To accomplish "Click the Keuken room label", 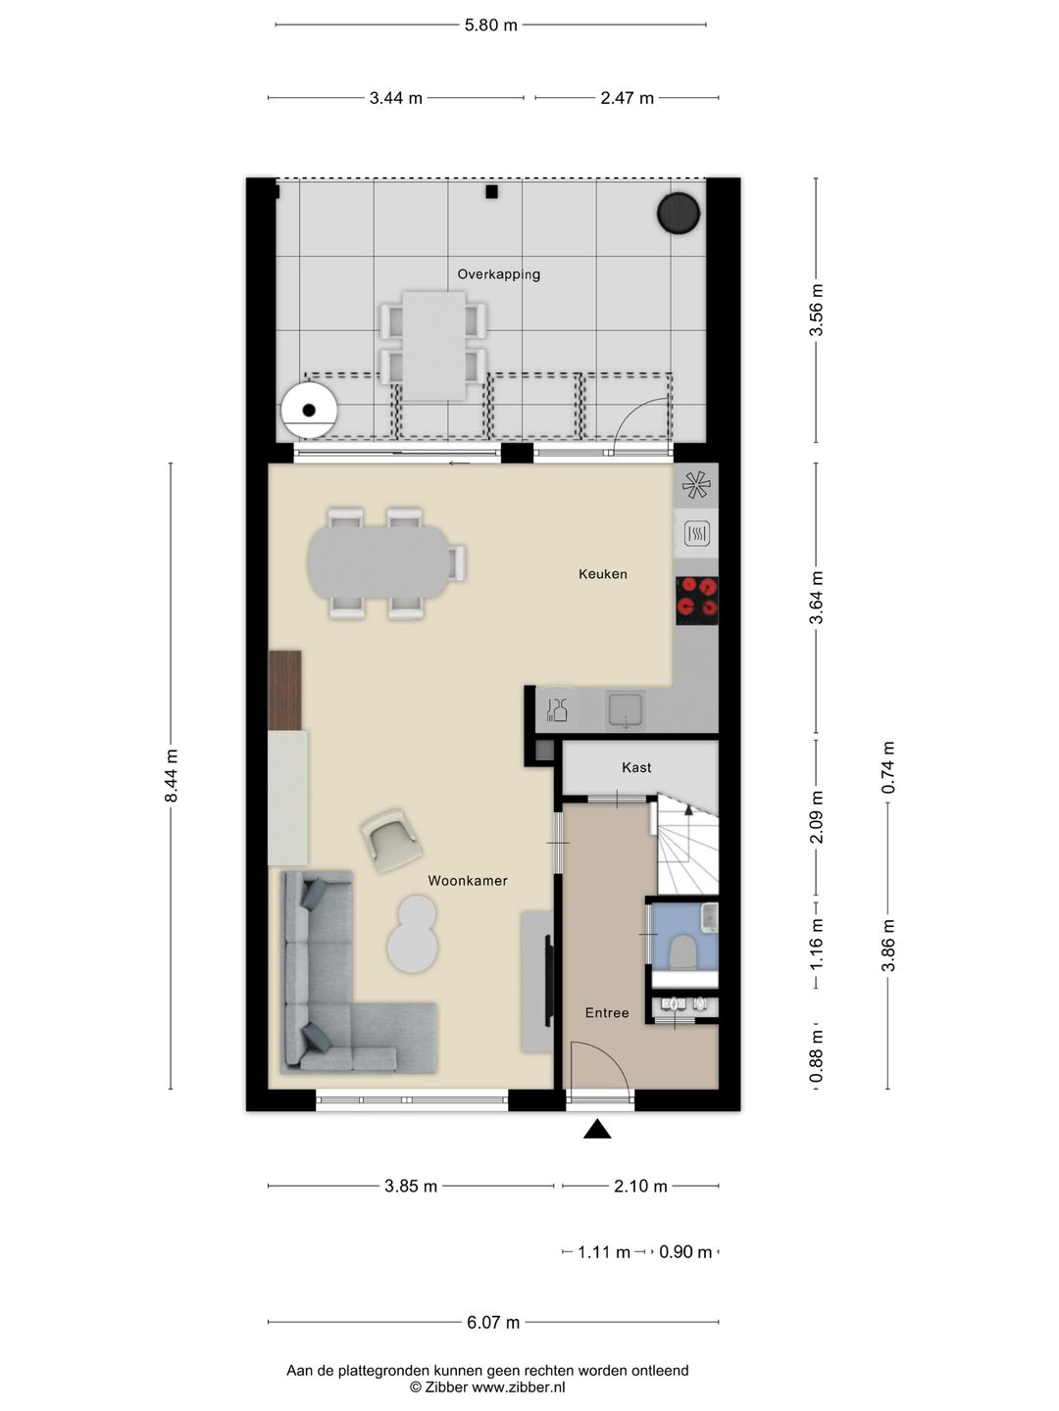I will pyautogui.click(x=602, y=574).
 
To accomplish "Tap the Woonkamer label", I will pyautogui.click(x=468, y=881).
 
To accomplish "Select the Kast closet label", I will pyautogui.click(x=636, y=767).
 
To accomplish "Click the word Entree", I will pyautogui.click(x=607, y=1013).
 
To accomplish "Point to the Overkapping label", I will pyautogui.click(x=498, y=274).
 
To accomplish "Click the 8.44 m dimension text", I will pyautogui.click(x=172, y=776).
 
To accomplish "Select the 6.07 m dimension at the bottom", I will pyautogui.click(x=493, y=1323).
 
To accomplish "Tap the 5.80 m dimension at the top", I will pyautogui.click(x=490, y=25).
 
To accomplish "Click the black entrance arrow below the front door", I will pyautogui.click(x=597, y=1131).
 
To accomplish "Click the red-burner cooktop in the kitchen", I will pyautogui.click(x=697, y=600).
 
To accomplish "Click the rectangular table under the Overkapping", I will pyautogui.click(x=434, y=345).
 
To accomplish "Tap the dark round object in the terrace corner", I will pyautogui.click(x=678, y=214).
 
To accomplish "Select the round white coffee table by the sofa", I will pyautogui.click(x=413, y=938).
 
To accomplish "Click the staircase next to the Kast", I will pyautogui.click(x=686, y=848).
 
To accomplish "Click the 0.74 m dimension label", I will pyautogui.click(x=888, y=767).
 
